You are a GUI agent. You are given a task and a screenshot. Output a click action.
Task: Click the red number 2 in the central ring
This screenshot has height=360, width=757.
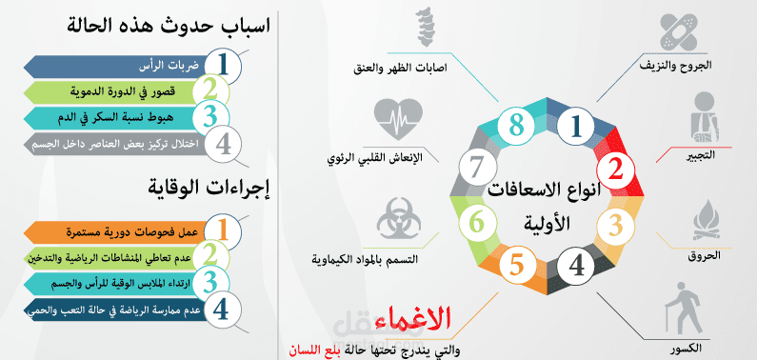pyautogui.click(x=615, y=171)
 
